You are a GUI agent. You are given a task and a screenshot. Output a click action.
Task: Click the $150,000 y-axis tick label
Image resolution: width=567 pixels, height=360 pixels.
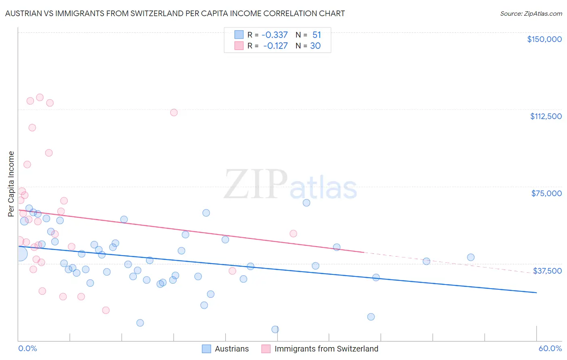(544, 39)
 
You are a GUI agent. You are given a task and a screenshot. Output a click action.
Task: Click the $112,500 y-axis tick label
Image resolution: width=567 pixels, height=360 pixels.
(546, 116)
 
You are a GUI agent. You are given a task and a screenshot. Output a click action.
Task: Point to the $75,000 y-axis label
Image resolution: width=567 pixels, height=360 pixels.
(546, 193)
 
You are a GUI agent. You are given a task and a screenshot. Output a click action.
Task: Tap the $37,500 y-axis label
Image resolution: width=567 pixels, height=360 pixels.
(547, 271)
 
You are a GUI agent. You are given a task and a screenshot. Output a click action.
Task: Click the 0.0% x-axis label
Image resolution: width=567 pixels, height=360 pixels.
(27, 349)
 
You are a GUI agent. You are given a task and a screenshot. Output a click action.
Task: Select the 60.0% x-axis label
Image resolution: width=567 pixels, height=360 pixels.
(550, 349)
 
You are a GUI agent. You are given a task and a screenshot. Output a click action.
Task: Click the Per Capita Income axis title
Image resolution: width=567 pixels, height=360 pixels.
(11, 184)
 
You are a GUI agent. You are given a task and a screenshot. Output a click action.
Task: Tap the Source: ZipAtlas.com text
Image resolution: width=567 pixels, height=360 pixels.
(531, 13)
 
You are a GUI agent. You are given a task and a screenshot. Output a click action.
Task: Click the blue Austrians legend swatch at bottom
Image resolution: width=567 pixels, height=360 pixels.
(206, 349)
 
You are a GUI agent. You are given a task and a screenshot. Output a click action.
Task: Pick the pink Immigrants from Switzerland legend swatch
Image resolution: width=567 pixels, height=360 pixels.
(266, 349)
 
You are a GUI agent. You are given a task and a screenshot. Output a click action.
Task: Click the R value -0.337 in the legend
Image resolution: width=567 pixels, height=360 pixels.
(274, 35)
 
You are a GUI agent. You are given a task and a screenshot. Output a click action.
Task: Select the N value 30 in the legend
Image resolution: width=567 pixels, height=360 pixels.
(315, 46)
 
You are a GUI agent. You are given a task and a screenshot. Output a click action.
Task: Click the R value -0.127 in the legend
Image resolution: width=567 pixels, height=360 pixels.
(275, 46)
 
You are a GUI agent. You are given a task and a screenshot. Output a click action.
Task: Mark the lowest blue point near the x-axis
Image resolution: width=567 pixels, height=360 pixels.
(275, 329)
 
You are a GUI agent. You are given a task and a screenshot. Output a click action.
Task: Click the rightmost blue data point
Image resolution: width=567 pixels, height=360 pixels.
(471, 257)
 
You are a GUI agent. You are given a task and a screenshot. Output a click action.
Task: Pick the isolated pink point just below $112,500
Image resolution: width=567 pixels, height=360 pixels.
(174, 113)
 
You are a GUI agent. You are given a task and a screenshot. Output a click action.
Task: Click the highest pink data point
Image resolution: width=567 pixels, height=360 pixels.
(40, 97)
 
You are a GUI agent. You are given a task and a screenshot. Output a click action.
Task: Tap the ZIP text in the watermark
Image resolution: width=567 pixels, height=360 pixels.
(256, 184)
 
